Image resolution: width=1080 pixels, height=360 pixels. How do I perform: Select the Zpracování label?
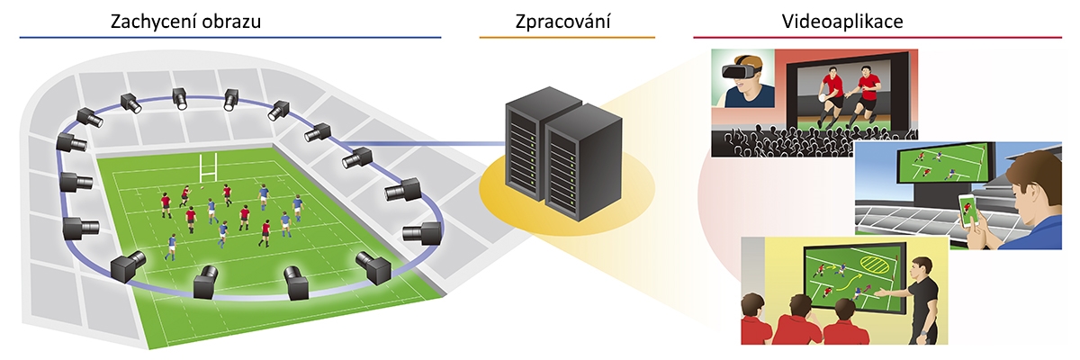point(568,21)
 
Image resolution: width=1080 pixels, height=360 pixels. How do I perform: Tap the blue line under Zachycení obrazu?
point(229,37)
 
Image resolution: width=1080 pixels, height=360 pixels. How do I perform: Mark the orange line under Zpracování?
point(567,37)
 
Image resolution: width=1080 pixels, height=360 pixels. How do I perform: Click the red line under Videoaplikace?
point(877,37)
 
